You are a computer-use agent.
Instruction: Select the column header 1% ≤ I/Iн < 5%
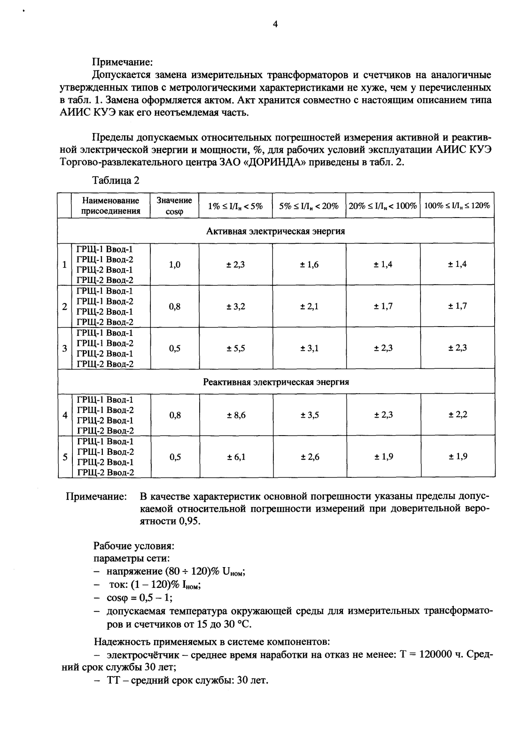[235, 206]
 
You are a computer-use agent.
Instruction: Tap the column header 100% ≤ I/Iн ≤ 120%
[457, 206]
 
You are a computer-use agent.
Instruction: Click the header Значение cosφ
[174, 205]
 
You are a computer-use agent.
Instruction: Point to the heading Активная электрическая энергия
[276, 231]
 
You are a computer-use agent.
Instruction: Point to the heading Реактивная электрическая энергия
[276, 382]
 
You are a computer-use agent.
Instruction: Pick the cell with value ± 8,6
[236, 415]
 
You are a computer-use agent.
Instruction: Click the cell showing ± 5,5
[236, 348]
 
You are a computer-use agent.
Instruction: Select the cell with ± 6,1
[236, 457]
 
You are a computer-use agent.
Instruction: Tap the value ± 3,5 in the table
[310, 415]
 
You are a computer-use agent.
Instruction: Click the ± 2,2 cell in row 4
[457, 414]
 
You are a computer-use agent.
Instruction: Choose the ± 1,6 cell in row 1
[310, 265]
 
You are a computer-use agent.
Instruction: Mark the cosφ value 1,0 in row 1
[175, 265]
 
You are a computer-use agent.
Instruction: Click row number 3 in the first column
[64, 349]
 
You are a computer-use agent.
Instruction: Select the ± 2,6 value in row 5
[310, 457]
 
